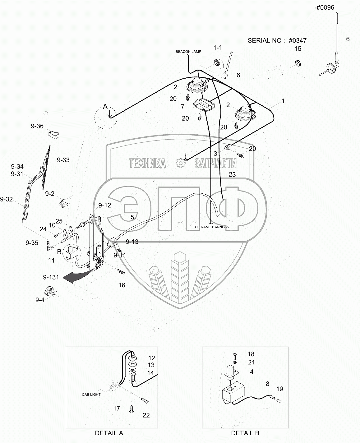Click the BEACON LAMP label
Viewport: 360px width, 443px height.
188,52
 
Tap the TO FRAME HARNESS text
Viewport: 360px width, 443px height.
210,227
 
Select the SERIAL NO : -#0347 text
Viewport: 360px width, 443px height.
277,40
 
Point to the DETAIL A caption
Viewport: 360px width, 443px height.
109,433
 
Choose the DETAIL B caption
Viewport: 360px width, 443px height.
245,433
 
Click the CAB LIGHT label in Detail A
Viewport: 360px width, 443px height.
91,395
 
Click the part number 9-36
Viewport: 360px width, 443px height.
37,126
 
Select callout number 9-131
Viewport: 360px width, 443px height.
51,277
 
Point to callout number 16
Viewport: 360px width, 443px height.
122,285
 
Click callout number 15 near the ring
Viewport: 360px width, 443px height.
298,48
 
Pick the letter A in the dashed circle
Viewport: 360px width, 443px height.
105,107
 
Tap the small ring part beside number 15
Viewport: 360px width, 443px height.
298,63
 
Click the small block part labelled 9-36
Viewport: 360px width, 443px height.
54,134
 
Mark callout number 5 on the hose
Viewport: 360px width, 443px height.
132,217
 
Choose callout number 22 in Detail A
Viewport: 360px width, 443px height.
146,415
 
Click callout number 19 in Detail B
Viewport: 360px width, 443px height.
279,389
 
